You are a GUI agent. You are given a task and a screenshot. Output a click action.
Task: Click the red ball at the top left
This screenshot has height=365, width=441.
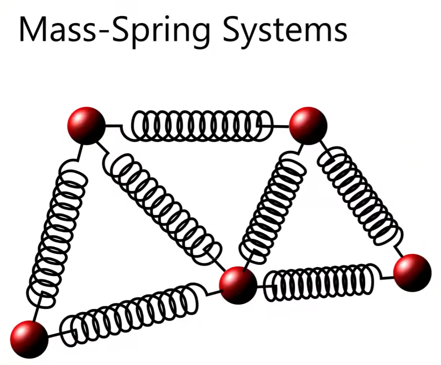pyautogui.click(x=86, y=125)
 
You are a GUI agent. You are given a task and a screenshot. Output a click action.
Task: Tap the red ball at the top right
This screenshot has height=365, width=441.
pyautogui.click(x=308, y=125)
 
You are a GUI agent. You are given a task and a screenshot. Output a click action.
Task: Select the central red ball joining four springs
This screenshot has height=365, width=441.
pyautogui.click(x=238, y=285)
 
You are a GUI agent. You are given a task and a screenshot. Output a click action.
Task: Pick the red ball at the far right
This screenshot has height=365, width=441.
pyautogui.click(x=412, y=273)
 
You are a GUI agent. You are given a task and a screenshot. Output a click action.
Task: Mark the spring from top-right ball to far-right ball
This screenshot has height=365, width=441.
pyautogui.click(x=359, y=198)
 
